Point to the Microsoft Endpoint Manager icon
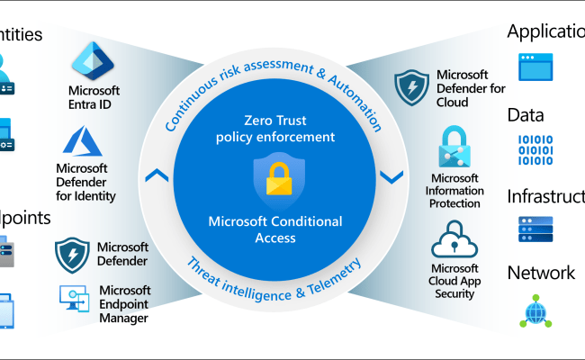tap(74, 299)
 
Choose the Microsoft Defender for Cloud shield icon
tap(411, 87)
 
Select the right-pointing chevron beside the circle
tap(391, 177)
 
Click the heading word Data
tap(526, 114)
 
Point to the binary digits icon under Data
tap(536, 149)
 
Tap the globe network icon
tap(536, 310)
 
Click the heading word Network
tap(541, 273)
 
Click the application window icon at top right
tap(536, 66)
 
